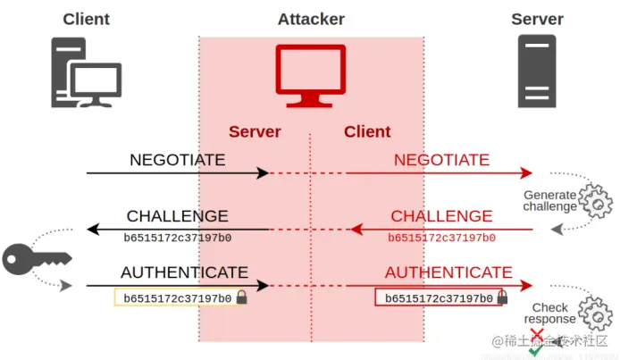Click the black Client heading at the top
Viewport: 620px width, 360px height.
[x=86, y=19]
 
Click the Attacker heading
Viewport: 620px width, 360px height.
[x=311, y=19]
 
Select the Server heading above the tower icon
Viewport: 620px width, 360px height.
[x=537, y=19]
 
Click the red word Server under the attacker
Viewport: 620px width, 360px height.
[x=255, y=131]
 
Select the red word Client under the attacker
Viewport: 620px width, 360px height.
[x=367, y=131]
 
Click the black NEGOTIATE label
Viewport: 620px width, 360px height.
[x=177, y=160]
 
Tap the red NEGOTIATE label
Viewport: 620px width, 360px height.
[x=441, y=160]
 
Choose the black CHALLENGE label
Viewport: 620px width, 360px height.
[x=177, y=216]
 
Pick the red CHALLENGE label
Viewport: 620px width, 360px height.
[x=441, y=216]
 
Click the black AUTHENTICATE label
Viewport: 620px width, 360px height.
[x=184, y=272]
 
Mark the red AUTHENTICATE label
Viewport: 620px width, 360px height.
[x=448, y=272]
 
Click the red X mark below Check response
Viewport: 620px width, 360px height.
[x=536, y=335]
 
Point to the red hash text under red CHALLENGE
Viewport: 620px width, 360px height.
[x=441, y=238]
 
